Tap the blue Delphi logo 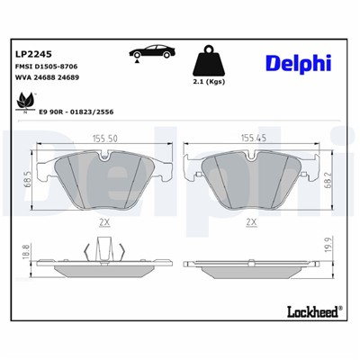[x=298, y=62]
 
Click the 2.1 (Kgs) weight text [x=209, y=81]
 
